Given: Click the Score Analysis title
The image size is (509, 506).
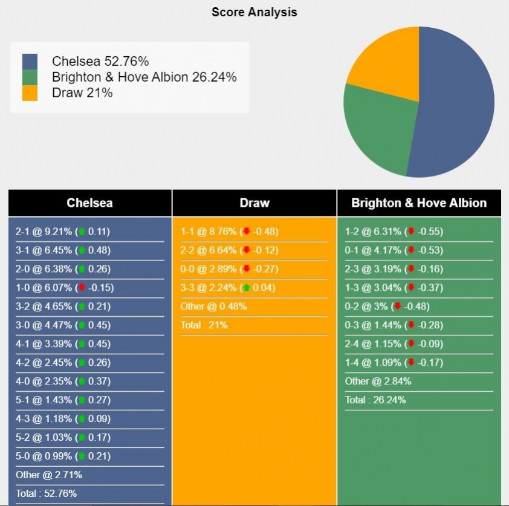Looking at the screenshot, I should click(254, 12).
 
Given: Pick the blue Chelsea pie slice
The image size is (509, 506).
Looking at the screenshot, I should click(456, 103).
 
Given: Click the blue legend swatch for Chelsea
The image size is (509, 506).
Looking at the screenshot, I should click(30, 61).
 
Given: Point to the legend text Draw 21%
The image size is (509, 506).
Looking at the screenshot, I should click(82, 92).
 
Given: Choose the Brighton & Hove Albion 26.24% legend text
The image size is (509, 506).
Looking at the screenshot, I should click(144, 77).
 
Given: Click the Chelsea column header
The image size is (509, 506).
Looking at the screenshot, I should click(89, 203).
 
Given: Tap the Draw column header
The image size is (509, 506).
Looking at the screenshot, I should click(254, 203).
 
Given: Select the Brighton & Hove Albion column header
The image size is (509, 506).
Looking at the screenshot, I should click(419, 203).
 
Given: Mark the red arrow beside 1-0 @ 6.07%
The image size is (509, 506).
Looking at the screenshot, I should click(81, 288).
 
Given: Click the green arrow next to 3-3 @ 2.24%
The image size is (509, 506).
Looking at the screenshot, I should click(247, 288).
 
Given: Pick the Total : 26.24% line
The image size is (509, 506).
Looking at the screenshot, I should click(375, 400).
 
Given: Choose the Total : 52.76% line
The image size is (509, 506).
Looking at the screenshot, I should click(47, 493).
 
